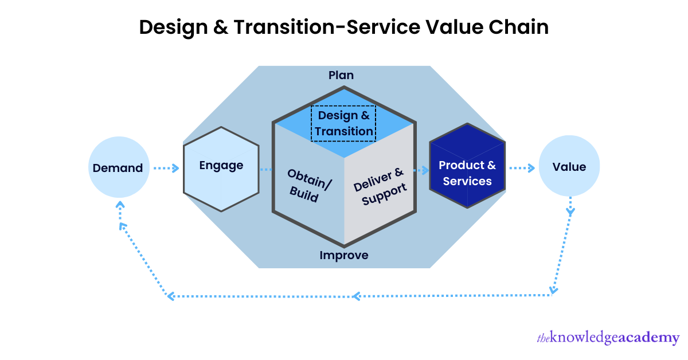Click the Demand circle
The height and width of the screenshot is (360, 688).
pos(118,168)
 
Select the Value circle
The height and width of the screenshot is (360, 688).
pos(569,167)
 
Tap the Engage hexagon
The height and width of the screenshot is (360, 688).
pos(221,169)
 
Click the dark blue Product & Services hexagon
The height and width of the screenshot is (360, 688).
pos(467,166)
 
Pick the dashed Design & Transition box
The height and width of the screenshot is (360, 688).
pos(343,123)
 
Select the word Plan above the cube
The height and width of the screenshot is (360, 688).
pos(341,75)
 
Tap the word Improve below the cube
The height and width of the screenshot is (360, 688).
pos(344,255)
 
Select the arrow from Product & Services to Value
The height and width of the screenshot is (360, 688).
pos(522,168)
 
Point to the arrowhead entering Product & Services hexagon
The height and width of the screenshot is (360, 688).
pos(425,170)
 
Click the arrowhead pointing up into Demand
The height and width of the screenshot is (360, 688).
pos(119,206)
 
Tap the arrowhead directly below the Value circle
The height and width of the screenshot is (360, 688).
pos(570,212)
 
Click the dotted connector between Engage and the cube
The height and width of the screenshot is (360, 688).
pos(265,170)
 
